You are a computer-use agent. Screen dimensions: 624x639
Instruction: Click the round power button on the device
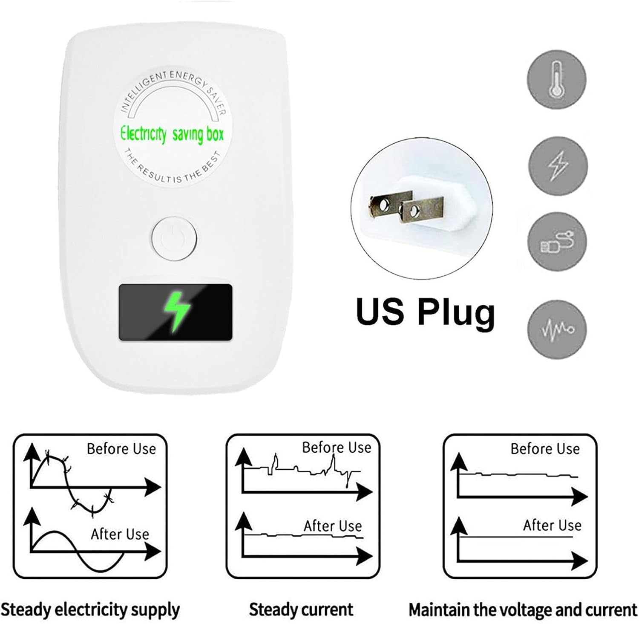pyautogui.click(x=174, y=238)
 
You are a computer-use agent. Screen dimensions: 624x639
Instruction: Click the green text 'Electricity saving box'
pyautogui.click(x=172, y=134)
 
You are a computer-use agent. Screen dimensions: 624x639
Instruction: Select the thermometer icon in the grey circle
pyautogui.click(x=556, y=79)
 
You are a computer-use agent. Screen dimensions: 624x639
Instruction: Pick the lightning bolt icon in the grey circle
pyautogui.click(x=558, y=165)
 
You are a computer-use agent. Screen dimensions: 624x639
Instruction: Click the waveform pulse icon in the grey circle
pyautogui.click(x=557, y=329)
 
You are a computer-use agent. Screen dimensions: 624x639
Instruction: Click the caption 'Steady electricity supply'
pyautogui.click(x=90, y=610)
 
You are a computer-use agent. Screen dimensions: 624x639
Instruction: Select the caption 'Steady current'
pyautogui.click(x=301, y=610)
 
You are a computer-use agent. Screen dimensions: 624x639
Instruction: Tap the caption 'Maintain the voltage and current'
pyautogui.click(x=523, y=610)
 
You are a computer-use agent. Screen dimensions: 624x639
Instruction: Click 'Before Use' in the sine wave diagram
pyautogui.click(x=121, y=449)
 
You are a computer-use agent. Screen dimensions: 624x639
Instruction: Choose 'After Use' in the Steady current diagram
pyautogui.click(x=333, y=526)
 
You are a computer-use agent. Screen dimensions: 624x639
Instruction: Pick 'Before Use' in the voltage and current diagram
pyautogui.click(x=545, y=449)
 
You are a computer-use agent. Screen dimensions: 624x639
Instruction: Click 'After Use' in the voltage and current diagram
pyautogui.click(x=552, y=525)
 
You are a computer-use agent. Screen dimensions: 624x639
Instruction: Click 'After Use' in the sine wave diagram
pyautogui.click(x=120, y=534)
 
